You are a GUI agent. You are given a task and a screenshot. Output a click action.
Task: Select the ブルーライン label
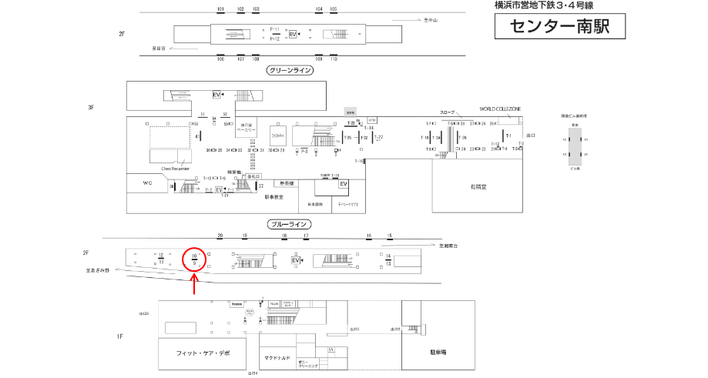(x=288, y=225)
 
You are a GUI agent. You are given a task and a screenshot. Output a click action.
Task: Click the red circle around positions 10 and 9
(x=194, y=260)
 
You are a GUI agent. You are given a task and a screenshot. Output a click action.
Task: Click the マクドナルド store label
(x=275, y=357)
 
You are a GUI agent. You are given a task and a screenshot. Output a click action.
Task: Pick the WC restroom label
(x=148, y=183)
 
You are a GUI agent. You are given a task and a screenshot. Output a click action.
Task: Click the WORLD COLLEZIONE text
(x=501, y=109)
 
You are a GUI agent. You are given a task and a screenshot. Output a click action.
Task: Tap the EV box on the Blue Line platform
(x=295, y=261)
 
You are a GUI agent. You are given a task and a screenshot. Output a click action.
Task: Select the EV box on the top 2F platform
(x=292, y=35)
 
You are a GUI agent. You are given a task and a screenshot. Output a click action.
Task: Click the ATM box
(x=372, y=120)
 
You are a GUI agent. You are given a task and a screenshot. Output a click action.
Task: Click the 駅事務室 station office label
(x=274, y=198)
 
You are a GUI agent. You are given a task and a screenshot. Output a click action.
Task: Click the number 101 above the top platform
(x=220, y=8)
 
